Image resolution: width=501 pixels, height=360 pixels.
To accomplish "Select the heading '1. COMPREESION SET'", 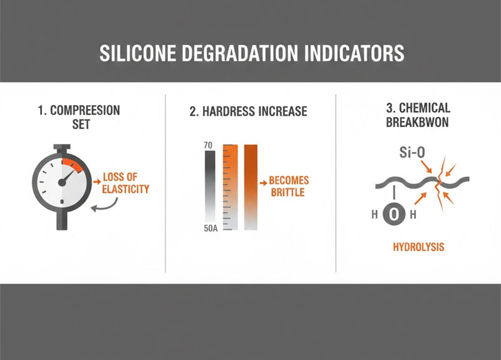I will (78, 118).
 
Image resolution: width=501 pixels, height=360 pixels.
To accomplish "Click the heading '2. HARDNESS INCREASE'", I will (249, 111).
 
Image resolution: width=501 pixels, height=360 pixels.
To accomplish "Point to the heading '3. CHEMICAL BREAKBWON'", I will (418, 117).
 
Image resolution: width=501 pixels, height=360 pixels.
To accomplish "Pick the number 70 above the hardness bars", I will (209, 146).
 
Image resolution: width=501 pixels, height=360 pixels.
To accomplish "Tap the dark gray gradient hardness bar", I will (210, 188).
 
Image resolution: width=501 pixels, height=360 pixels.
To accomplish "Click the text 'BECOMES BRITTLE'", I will (289, 186).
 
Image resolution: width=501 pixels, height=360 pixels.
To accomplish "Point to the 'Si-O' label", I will (411, 153).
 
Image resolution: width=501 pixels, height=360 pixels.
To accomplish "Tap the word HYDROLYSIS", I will (418, 247).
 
